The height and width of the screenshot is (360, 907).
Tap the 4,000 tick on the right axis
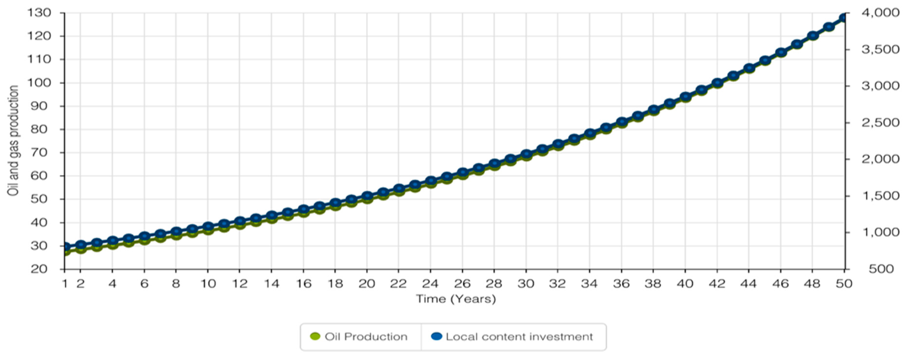[x=880, y=13]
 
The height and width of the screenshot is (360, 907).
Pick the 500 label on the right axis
[x=881, y=269]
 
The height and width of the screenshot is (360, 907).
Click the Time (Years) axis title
[x=456, y=299]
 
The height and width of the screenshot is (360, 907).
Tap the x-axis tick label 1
[x=65, y=284]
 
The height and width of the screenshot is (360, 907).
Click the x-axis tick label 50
[x=844, y=284]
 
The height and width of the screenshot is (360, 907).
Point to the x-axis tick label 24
[x=430, y=284]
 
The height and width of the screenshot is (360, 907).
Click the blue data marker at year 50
[x=844, y=18]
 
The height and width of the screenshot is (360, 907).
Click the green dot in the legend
[x=315, y=336]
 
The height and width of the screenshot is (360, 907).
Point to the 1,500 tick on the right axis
[x=880, y=196]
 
